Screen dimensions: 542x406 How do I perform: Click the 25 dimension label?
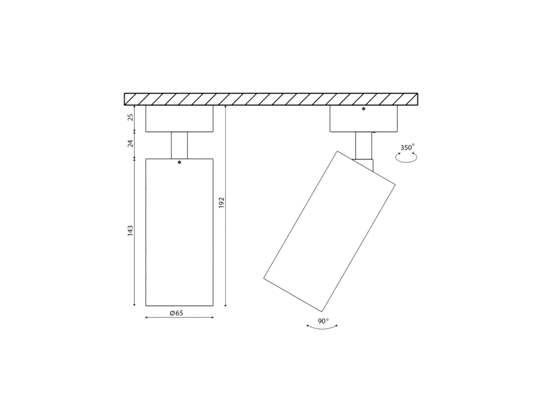130,117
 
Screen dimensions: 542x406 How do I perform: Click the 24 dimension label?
130,143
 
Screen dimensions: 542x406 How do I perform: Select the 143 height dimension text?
130,230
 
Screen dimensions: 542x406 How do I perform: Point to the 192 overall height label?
222,202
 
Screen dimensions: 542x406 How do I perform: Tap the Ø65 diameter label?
176,313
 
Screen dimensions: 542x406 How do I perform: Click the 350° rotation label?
407,148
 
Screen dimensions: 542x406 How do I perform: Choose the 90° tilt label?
323,321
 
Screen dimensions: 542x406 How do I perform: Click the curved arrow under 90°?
322,328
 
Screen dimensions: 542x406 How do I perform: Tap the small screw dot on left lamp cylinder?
179,162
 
